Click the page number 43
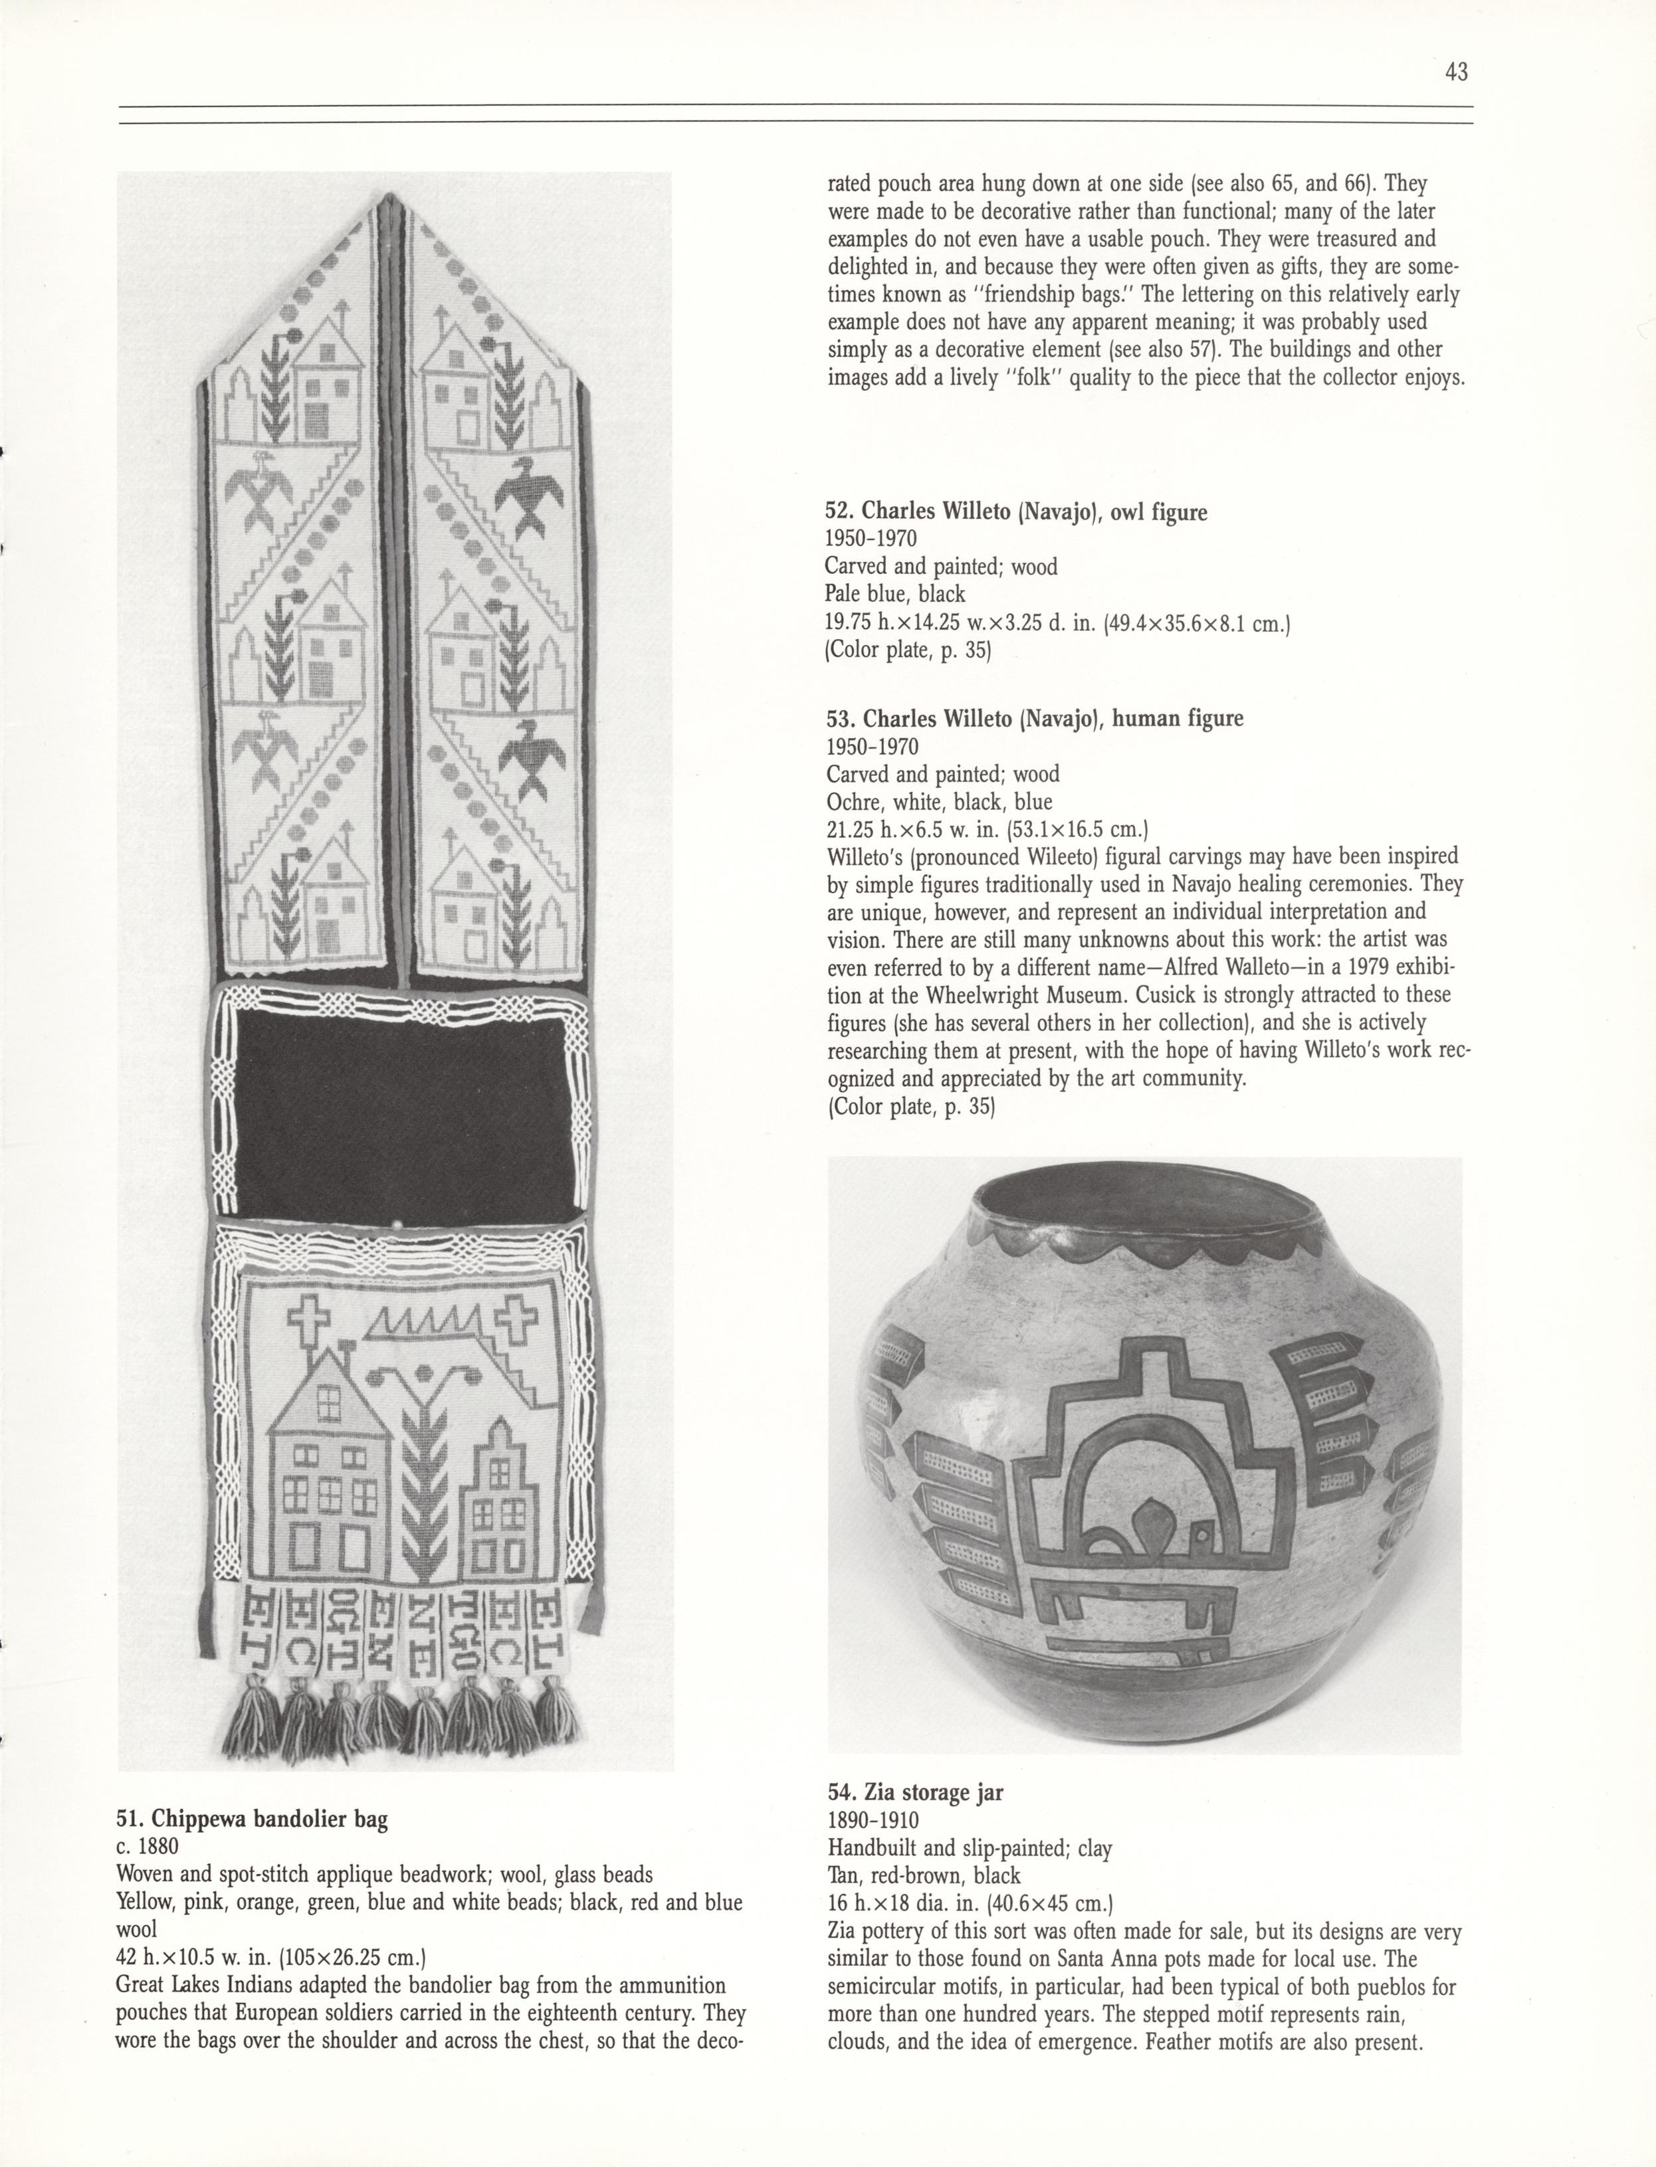tap(1457, 72)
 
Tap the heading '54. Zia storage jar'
tap(916, 1792)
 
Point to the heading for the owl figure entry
tap(1016, 512)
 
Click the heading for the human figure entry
tap(1034, 718)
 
